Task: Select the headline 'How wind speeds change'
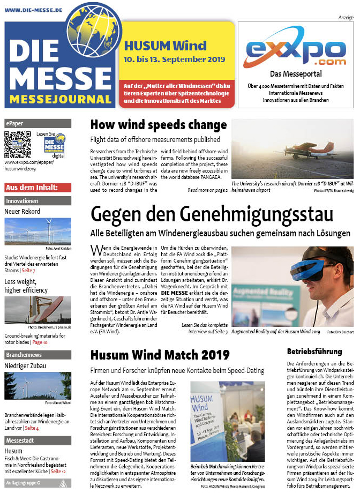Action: click(159, 125)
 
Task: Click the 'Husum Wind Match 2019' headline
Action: click(160, 355)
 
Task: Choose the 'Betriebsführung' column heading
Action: click(314, 352)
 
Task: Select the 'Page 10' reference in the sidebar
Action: click(40, 342)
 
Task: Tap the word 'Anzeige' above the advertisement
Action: click(345, 18)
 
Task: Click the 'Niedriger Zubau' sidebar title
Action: click(28, 366)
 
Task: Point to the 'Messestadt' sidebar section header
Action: click(20, 440)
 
